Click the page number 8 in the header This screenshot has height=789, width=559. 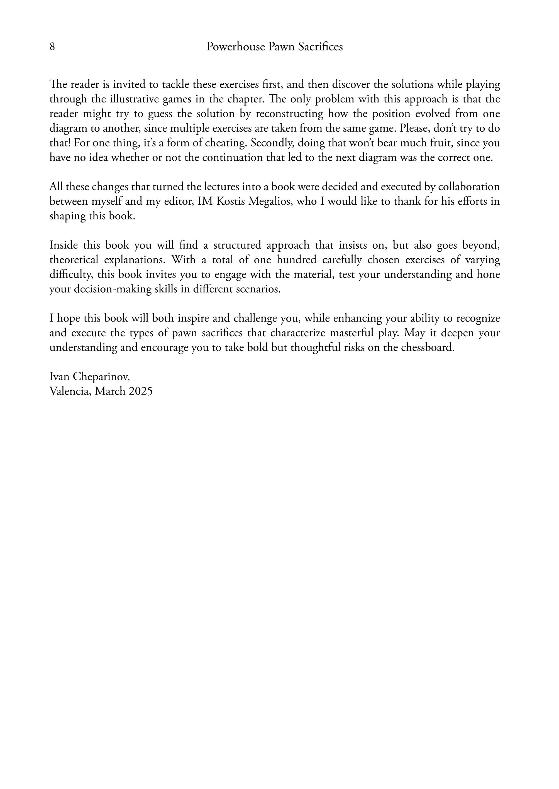52,47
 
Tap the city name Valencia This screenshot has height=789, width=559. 70,391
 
